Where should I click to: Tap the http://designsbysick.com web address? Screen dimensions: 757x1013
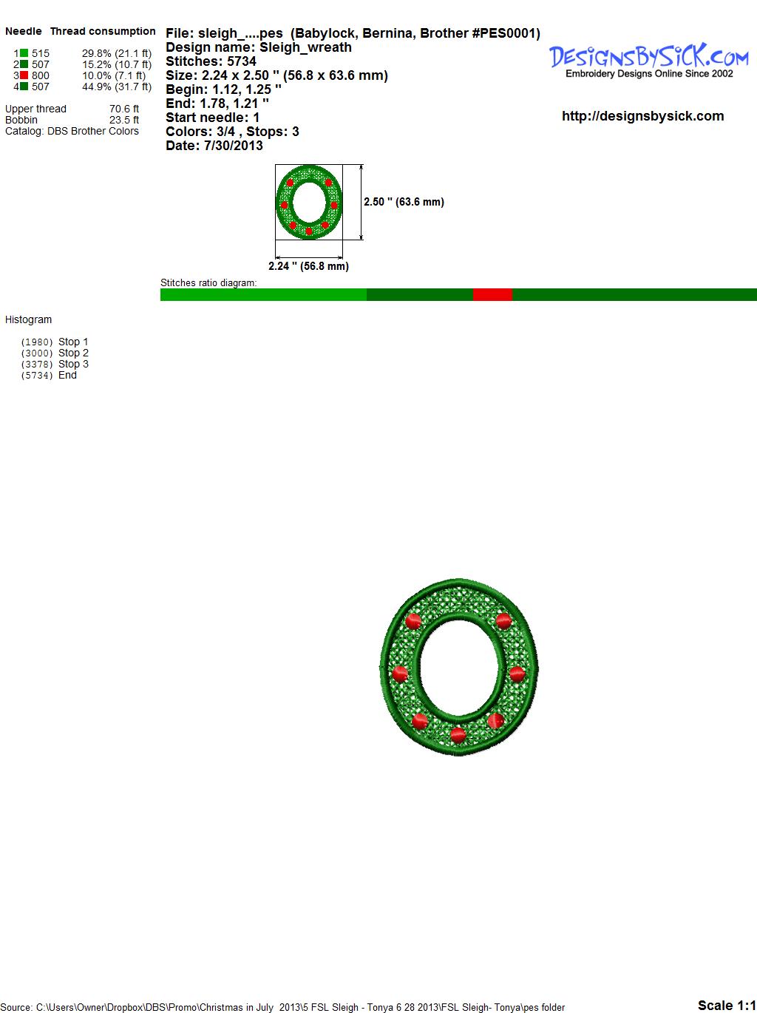click(x=642, y=116)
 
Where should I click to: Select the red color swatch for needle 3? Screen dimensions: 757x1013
click(x=24, y=75)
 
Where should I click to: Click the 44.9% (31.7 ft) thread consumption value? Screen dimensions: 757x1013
click(x=117, y=87)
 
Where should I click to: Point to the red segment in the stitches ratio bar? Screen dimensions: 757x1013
click(x=492, y=294)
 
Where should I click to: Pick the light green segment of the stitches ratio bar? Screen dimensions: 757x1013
click(x=263, y=294)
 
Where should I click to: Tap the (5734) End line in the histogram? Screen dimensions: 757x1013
click(x=49, y=375)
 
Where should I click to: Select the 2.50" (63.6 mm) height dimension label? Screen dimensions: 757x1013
click(x=404, y=202)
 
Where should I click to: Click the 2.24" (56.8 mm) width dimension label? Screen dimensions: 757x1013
click(x=308, y=266)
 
